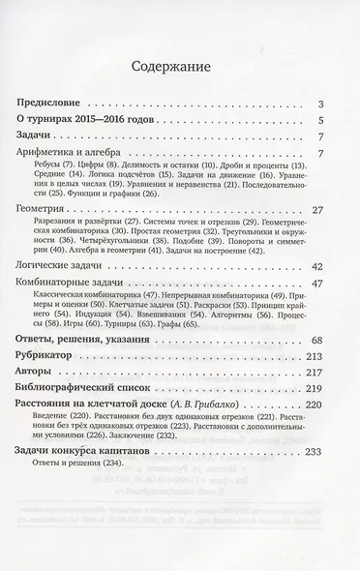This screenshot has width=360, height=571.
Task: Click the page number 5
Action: (x=330, y=121)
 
